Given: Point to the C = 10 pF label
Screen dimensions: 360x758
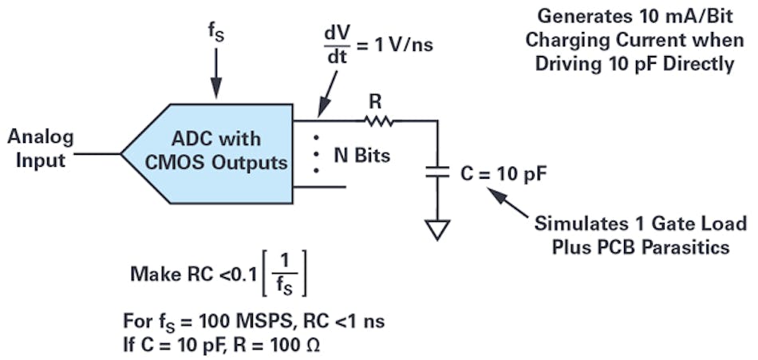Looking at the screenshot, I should click(x=494, y=172).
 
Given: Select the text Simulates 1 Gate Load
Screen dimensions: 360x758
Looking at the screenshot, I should click(x=641, y=224).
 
